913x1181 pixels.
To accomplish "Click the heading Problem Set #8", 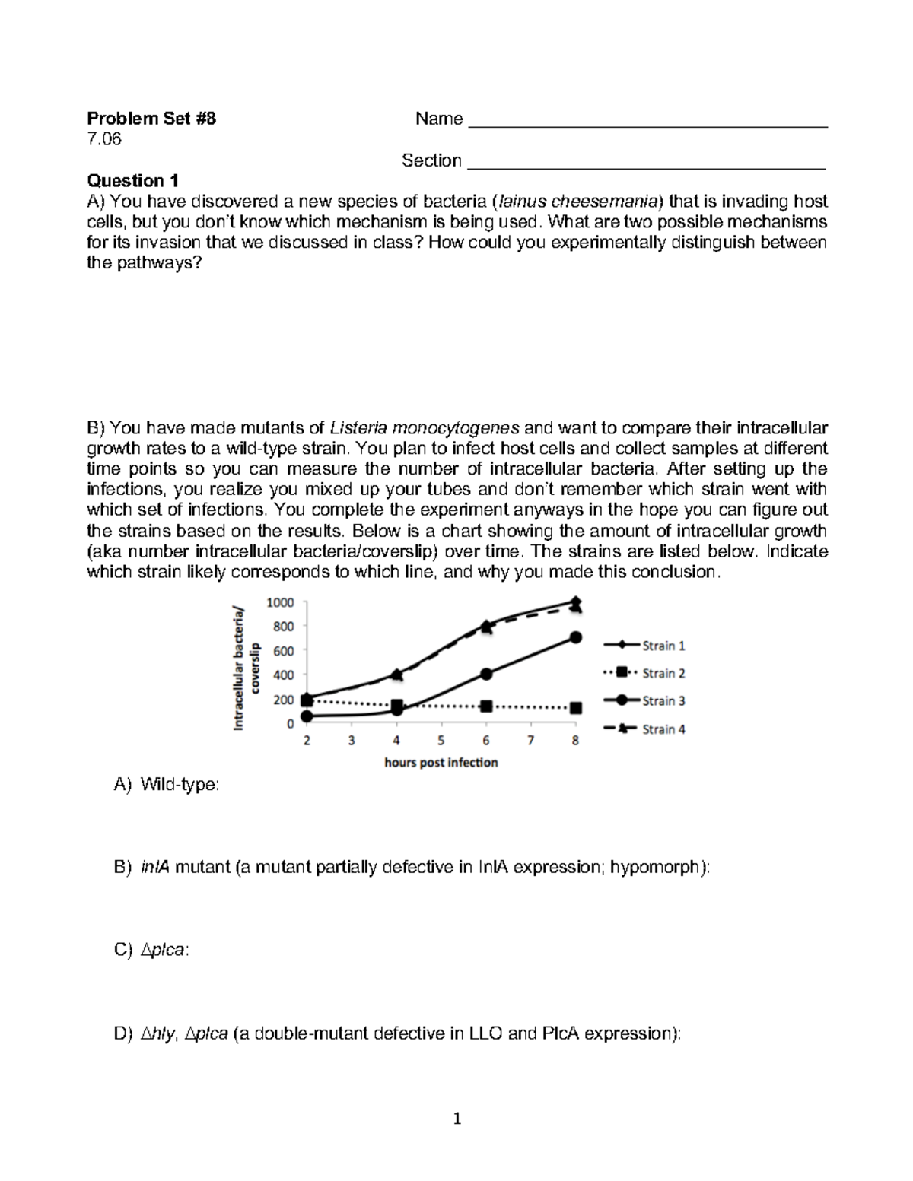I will [151, 119].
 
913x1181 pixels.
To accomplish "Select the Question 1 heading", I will [133, 181].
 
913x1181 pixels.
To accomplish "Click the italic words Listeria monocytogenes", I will [425, 427].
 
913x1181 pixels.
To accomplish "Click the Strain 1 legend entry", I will [645, 646].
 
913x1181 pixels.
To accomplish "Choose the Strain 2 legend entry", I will [645, 673].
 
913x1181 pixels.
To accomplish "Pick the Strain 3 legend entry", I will [645, 700].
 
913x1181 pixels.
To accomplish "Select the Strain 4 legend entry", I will [645, 729].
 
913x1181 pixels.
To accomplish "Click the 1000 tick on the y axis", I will [279, 602].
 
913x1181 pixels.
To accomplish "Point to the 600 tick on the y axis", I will [282, 651].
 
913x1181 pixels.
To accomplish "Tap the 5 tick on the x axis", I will [441, 741].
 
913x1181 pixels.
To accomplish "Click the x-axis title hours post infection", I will [441, 763].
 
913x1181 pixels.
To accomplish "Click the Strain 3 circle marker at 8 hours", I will [576, 638].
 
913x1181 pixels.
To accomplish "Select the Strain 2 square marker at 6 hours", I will [486, 706].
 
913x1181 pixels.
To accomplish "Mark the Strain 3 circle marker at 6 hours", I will [486, 674].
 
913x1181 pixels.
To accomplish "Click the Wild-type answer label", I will [180, 785].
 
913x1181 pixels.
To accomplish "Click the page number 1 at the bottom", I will [457, 1119].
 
